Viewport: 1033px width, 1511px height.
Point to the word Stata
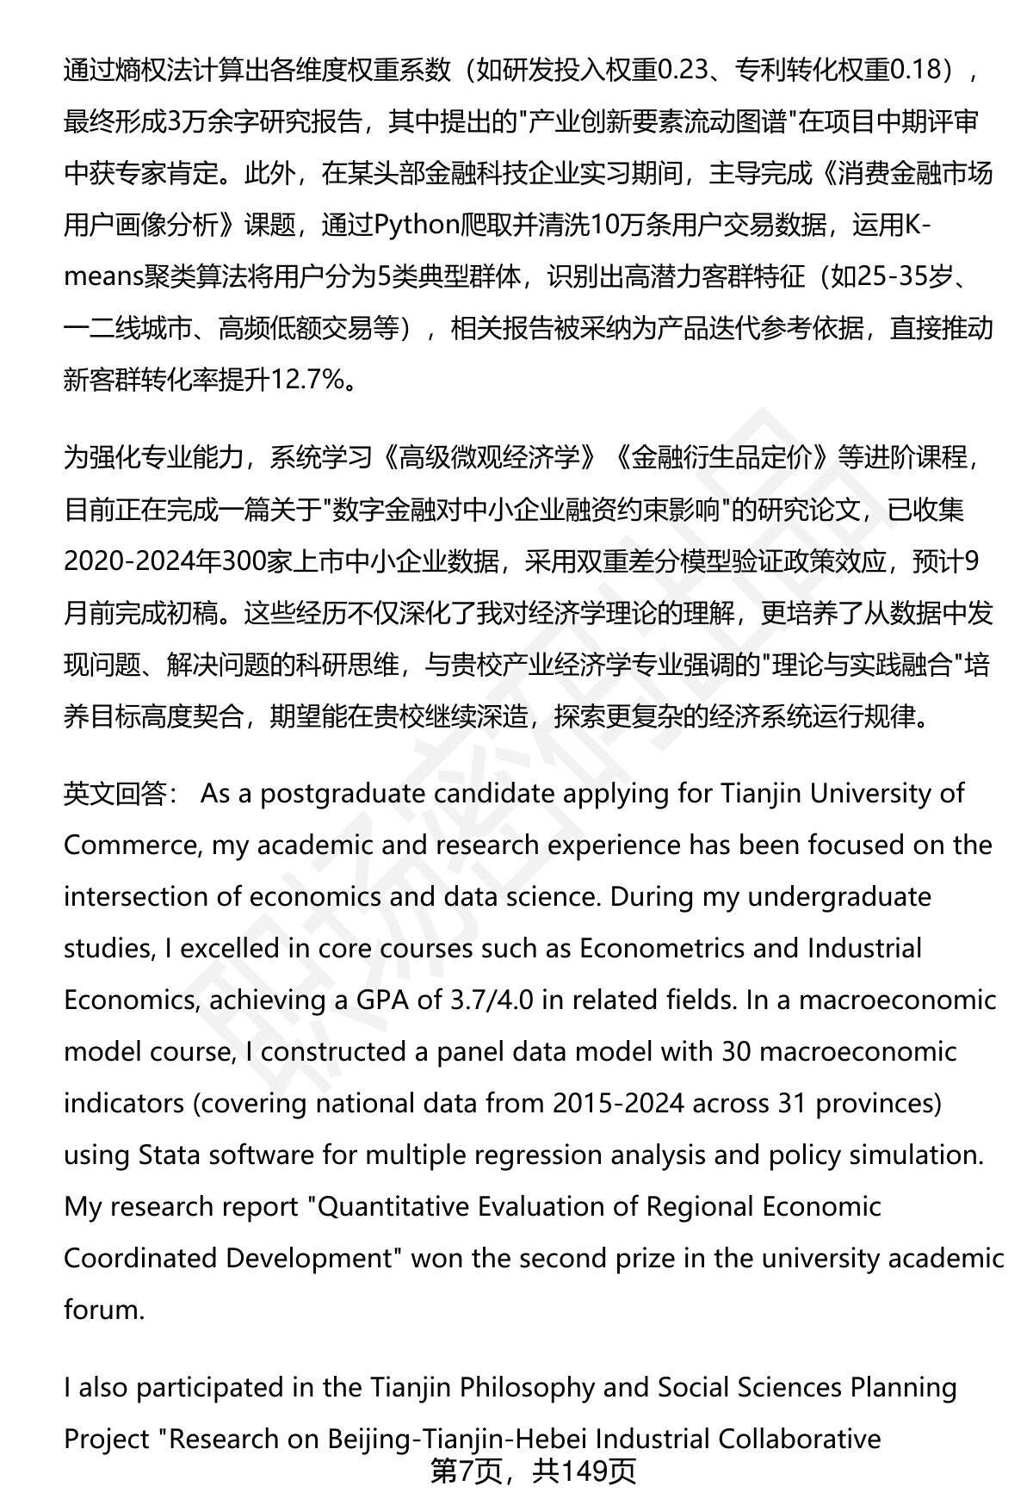coord(167,1155)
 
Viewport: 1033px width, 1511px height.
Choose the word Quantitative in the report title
coord(392,1206)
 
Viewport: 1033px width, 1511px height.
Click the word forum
coord(102,1310)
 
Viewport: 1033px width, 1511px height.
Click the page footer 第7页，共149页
coord(533,1471)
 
